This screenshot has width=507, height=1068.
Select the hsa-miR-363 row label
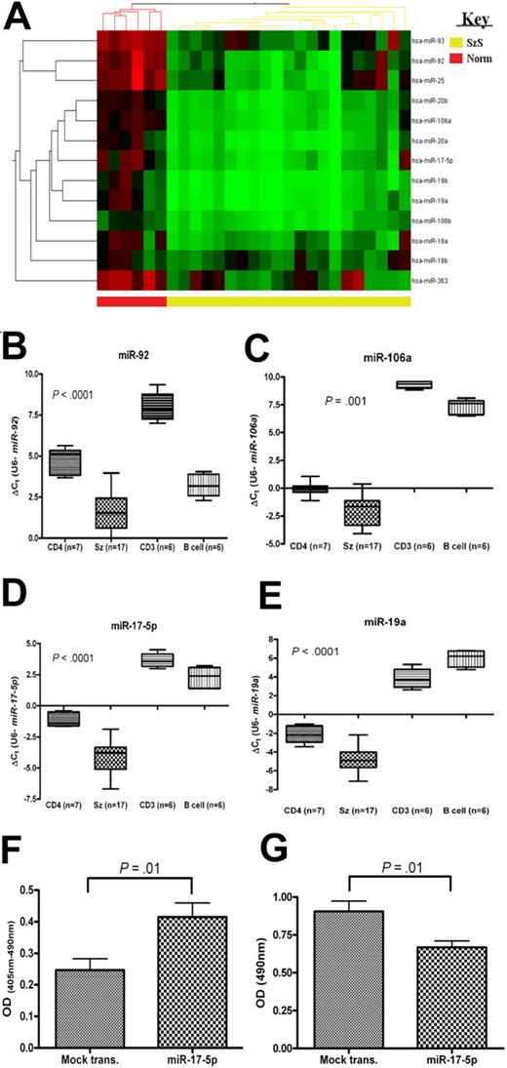pyautogui.click(x=432, y=282)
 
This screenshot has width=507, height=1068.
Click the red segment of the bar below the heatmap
pyautogui.click(x=131, y=302)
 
